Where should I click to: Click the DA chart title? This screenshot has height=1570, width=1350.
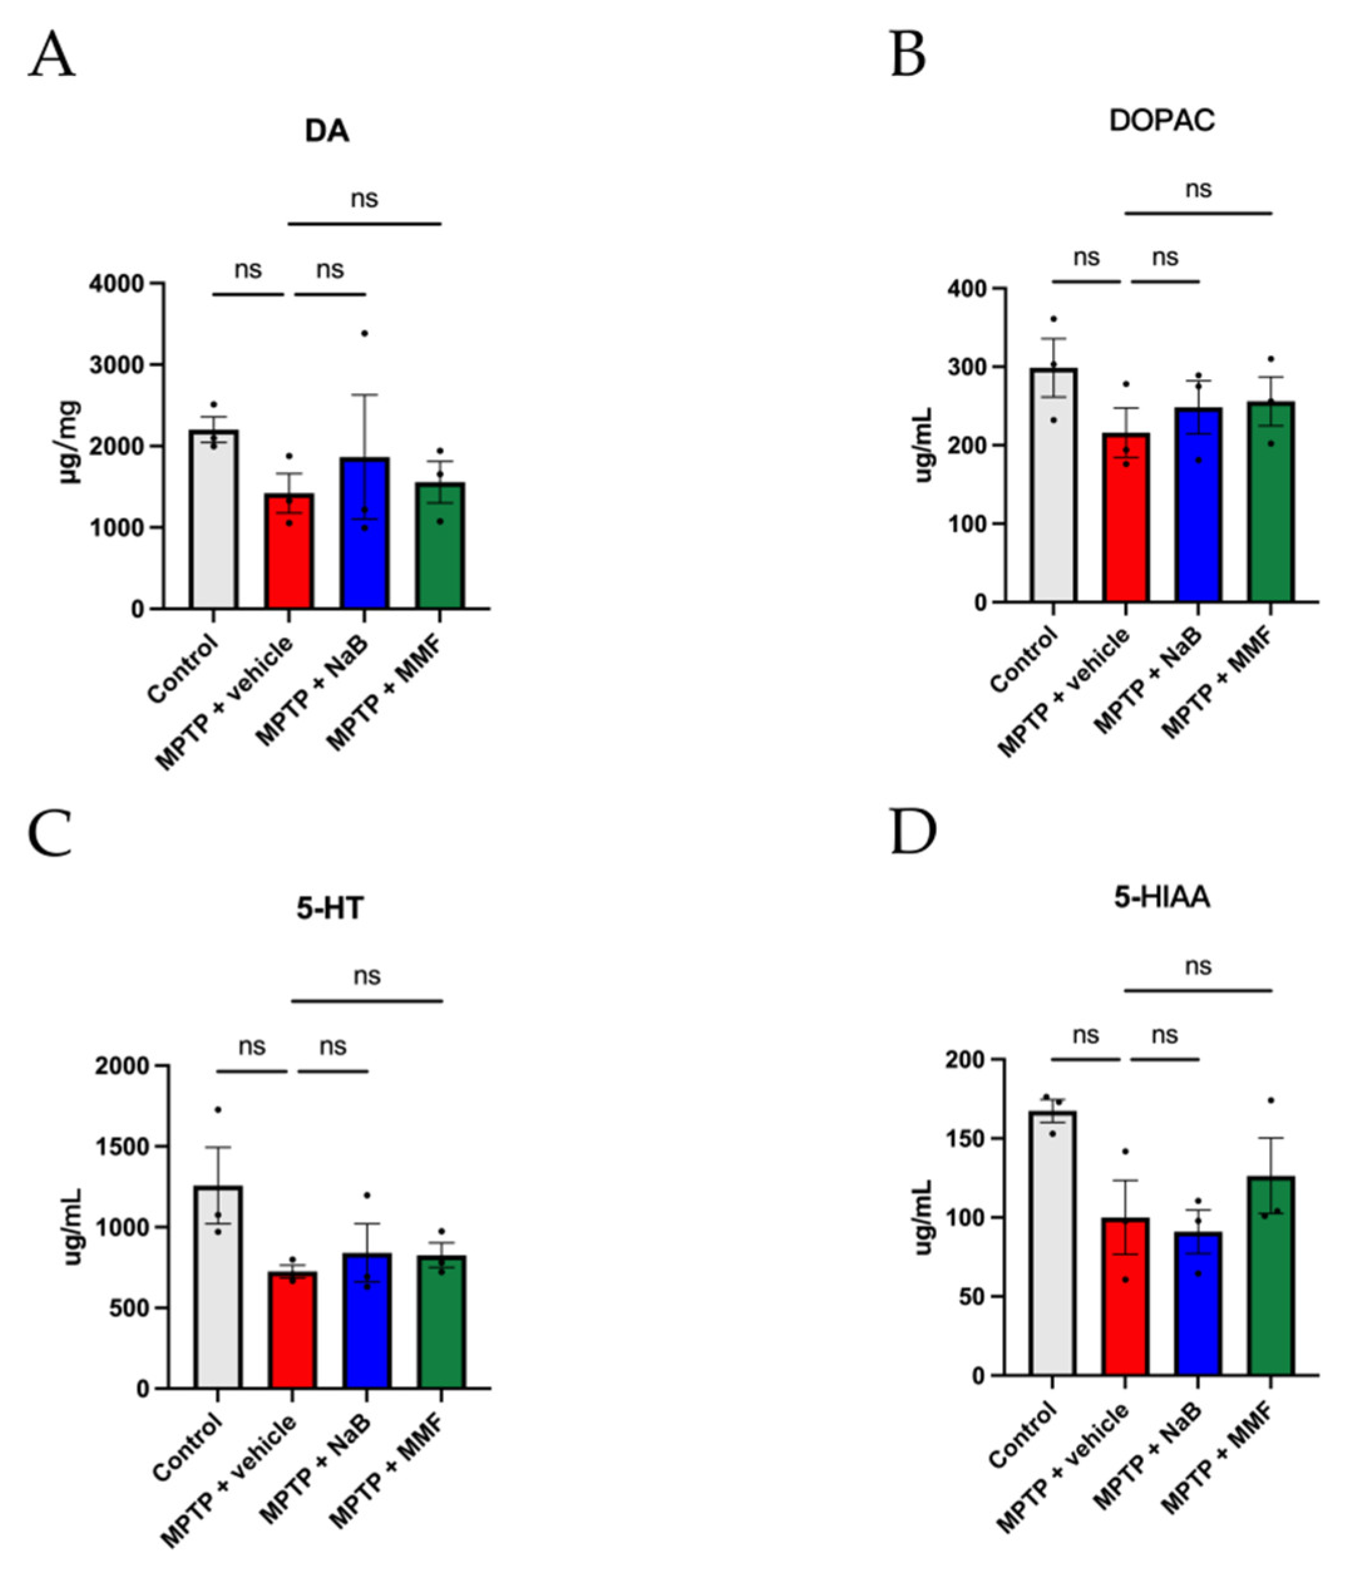tap(327, 132)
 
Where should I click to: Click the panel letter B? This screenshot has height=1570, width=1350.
tap(908, 55)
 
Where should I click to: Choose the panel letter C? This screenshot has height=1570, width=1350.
tap(50, 832)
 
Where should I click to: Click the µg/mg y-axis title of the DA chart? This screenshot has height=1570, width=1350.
tap(70, 442)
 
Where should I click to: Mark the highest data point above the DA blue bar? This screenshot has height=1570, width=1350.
tap(364, 333)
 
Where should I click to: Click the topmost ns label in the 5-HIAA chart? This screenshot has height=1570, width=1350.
tap(1198, 966)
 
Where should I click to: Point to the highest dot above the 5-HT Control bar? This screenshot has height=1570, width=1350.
tap(218, 1109)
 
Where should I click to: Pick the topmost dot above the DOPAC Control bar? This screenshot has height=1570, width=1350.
tap(1053, 319)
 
